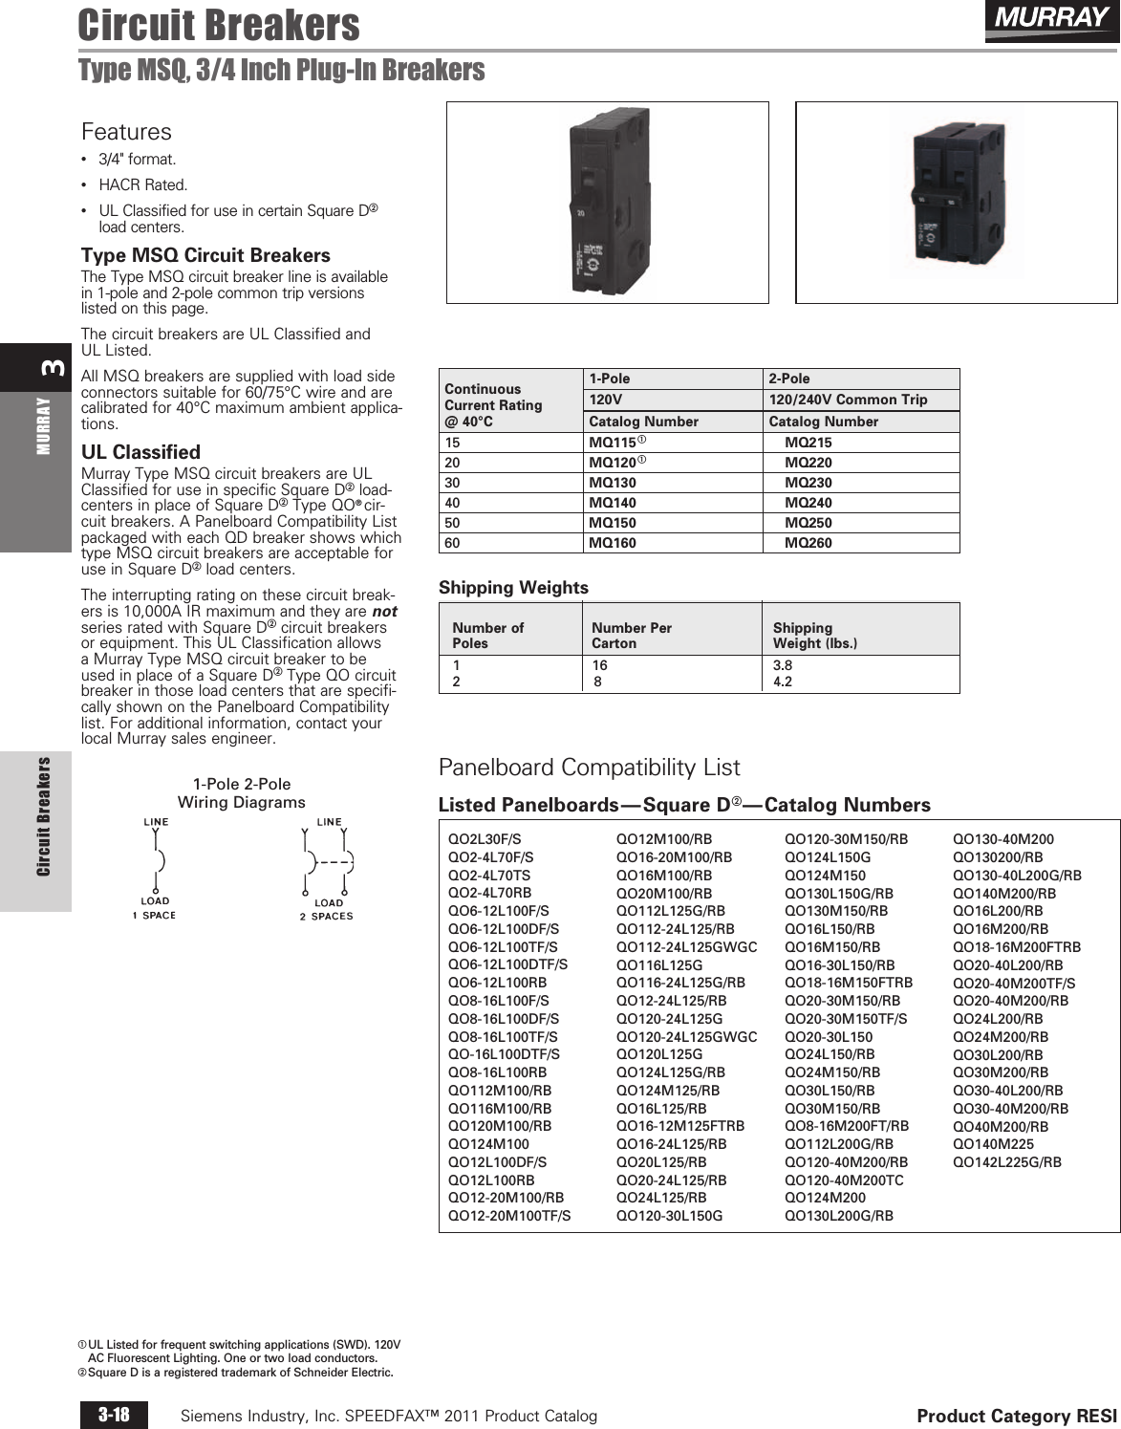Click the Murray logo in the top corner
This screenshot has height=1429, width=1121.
[1050, 19]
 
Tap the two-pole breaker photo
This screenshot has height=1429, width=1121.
[956, 202]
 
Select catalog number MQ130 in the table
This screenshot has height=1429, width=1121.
[613, 483]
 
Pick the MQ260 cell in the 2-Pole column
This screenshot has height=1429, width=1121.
[808, 543]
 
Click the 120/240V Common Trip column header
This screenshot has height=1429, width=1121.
[848, 400]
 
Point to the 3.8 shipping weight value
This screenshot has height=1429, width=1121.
[782, 666]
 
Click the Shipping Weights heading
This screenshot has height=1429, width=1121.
[513, 587]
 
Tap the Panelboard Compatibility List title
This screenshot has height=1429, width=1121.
[589, 768]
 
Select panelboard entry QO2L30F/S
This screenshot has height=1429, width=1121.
[485, 839]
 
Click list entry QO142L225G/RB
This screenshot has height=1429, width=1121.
[1006, 1162]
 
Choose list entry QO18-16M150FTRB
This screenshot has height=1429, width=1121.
[848, 983]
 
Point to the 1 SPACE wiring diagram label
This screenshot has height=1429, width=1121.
[154, 916]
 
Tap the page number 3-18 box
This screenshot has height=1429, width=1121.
[114, 1415]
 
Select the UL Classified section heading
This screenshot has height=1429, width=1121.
[140, 452]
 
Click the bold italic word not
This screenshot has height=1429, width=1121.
[384, 612]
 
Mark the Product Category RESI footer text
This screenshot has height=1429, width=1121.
[1016, 1416]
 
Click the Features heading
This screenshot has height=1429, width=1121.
[126, 132]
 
